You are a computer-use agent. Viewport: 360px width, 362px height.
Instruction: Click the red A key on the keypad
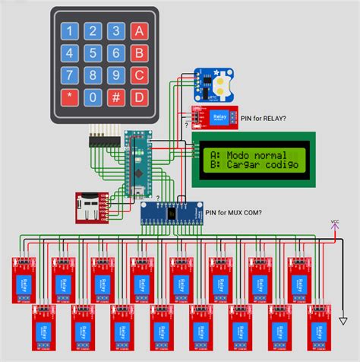(x=138, y=31)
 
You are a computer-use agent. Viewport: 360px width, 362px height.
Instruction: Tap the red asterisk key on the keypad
(x=70, y=97)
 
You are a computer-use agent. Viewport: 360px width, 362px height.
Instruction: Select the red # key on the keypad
(x=115, y=97)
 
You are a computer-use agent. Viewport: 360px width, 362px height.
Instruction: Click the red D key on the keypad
(x=138, y=97)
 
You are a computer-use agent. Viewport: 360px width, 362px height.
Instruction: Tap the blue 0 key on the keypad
(x=93, y=97)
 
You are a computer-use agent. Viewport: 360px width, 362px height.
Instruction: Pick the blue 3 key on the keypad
(x=115, y=31)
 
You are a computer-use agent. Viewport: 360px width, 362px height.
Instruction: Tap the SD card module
(x=92, y=208)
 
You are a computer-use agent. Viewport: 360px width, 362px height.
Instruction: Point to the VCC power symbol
(x=335, y=224)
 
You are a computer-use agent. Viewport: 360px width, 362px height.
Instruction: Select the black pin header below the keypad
(x=103, y=141)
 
